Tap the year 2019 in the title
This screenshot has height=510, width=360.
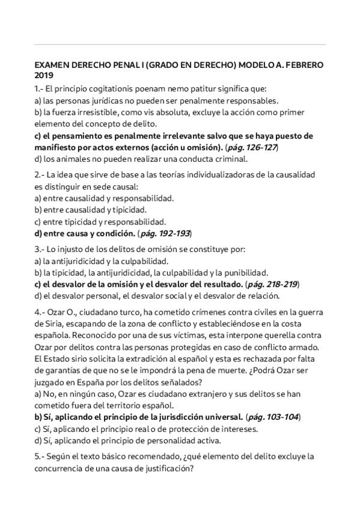tap(44, 75)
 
